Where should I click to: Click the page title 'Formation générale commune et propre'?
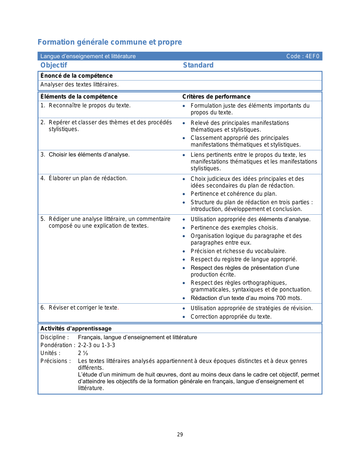(x=110, y=42)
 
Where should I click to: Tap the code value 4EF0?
(x=312, y=56)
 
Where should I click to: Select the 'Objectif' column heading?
(x=54, y=65)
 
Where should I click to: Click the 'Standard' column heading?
(x=198, y=65)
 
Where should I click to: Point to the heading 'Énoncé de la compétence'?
(x=77, y=76)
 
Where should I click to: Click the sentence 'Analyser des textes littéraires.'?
(x=79, y=84)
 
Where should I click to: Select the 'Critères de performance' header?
(x=216, y=97)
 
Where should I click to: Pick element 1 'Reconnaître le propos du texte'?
(x=90, y=106)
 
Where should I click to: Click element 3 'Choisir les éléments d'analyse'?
(x=89, y=155)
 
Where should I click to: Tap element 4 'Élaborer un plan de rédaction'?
(x=88, y=178)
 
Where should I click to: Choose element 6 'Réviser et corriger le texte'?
(x=84, y=308)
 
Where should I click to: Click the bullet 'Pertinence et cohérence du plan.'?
(x=234, y=194)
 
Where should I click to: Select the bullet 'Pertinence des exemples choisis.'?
(x=234, y=228)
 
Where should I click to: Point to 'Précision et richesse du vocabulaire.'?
(x=238, y=251)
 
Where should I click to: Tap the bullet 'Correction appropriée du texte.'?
(x=231, y=317)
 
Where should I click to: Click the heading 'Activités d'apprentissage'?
(x=76, y=328)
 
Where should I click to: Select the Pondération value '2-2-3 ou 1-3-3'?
(x=97, y=345)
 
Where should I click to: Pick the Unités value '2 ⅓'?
(x=83, y=353)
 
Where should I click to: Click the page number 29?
(x=180, y=435)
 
